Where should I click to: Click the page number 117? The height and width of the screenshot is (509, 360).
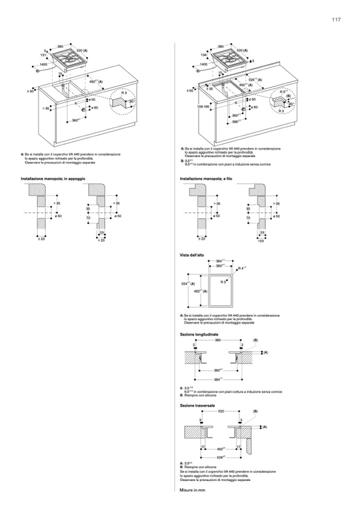(x=337, y=20)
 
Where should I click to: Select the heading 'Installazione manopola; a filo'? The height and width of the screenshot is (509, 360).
(x=207, y=179)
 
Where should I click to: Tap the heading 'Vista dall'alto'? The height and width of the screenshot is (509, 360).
(x=192, y=255)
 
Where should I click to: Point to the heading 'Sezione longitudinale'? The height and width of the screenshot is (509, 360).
(x=199, y=334)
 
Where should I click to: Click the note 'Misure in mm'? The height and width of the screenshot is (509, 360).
(x=192, y=489)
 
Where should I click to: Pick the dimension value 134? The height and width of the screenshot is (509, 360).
(x=203, y=55)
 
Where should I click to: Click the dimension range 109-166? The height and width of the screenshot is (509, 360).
(x=203, y=107)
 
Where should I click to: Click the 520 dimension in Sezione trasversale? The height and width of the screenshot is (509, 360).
(x=221, y=411)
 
